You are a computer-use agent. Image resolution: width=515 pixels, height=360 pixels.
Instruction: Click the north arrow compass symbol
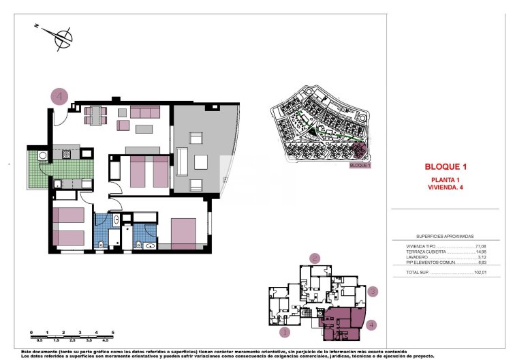(x=62, y=36)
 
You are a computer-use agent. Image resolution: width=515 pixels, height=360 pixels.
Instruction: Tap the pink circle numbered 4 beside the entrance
(x=60, y=97)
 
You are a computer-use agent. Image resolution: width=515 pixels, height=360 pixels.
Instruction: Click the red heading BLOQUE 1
(x=445, y=166)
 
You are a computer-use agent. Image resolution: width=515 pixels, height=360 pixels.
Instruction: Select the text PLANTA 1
(x=445, y=179)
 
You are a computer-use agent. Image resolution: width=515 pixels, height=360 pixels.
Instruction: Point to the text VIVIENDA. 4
(x=445, y=187)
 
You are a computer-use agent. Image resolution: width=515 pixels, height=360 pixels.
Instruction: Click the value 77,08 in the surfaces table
(x=482, y=246)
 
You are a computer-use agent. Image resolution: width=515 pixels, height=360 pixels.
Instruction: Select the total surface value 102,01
(x=481, y=272)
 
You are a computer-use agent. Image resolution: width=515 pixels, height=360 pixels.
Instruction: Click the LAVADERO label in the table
(x=417, y=257)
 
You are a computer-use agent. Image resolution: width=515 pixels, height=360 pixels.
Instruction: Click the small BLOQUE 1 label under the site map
(x=360, y=165)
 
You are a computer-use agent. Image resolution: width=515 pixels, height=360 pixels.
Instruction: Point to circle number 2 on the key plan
(x=315, y=258)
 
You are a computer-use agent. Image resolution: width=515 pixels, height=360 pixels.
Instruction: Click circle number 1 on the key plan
(x=285, y=333)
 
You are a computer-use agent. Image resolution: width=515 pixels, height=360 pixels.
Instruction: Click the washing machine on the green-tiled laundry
(x=43, y=156)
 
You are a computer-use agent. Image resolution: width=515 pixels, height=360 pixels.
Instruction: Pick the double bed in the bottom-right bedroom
(x=185, y=232)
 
